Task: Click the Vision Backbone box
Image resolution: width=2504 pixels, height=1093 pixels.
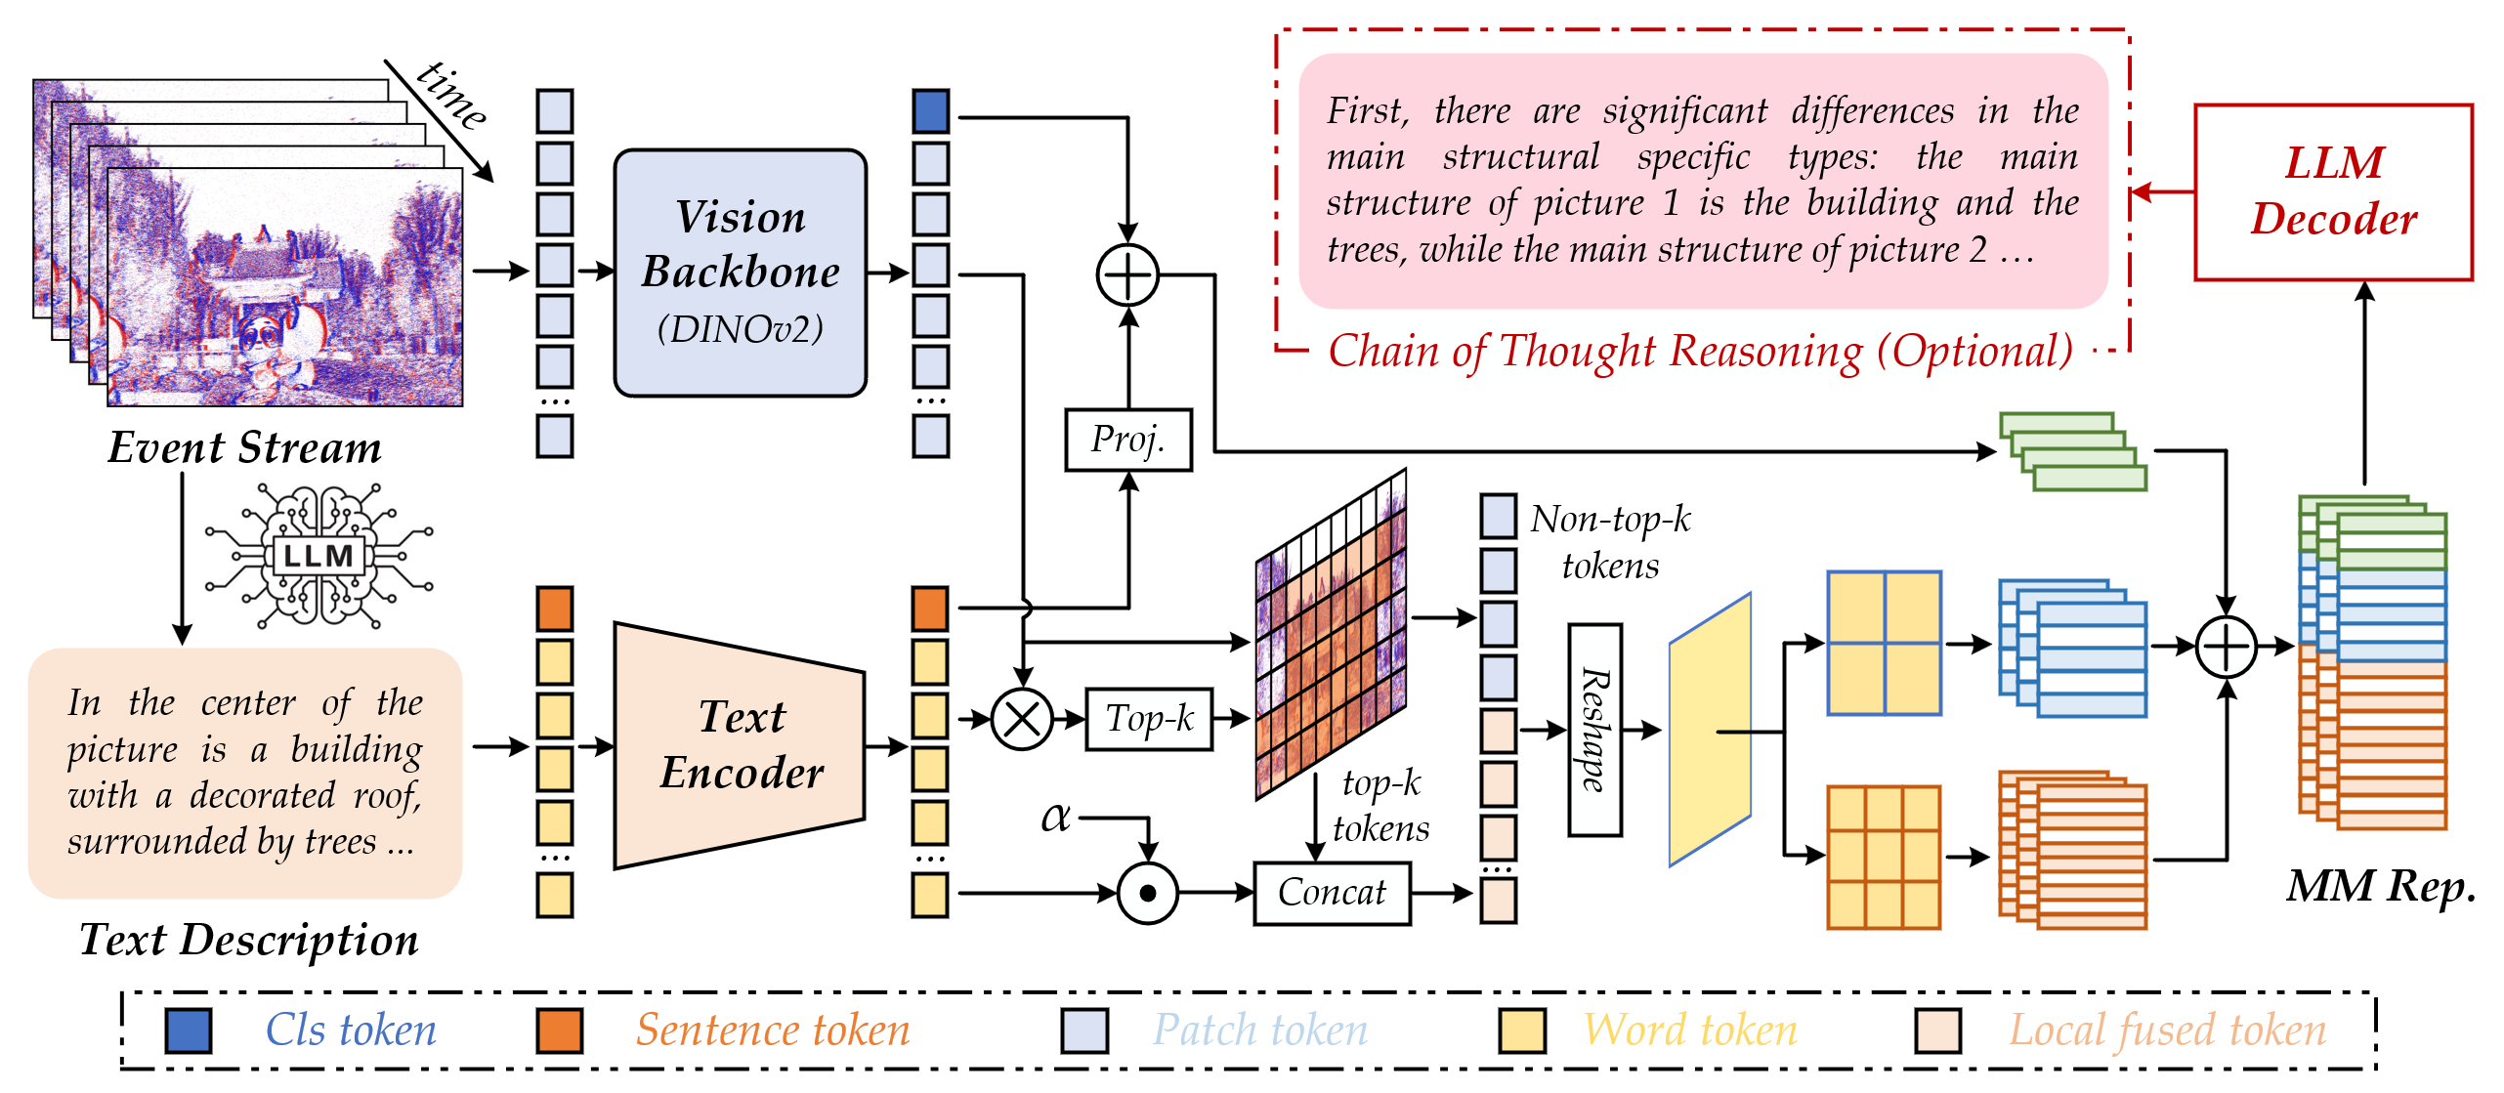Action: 741,273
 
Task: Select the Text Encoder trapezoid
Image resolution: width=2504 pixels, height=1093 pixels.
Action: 740,745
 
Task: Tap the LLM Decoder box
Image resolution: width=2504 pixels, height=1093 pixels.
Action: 2334,191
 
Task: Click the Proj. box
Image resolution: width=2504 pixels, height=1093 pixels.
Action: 1128,440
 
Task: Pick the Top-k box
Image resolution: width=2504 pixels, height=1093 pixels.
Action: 1149,719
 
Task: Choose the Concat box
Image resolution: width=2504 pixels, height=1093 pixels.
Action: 1332,893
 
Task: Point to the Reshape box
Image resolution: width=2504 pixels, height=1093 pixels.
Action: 1595,730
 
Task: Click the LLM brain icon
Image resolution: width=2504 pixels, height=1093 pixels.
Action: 318,556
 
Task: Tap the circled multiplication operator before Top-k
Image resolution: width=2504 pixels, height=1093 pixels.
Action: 1022,719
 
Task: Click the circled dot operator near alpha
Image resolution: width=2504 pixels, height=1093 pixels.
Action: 1148,893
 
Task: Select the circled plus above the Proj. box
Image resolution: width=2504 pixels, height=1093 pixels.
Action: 1128,275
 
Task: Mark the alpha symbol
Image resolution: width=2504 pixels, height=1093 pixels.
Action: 1055,817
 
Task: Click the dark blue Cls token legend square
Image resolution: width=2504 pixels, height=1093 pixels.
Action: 189,1030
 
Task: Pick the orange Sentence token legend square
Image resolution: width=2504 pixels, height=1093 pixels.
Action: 560,1030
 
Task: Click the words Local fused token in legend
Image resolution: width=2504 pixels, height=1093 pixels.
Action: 2167,1030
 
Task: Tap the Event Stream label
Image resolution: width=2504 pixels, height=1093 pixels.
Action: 244,447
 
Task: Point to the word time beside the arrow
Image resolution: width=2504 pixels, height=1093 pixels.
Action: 451,95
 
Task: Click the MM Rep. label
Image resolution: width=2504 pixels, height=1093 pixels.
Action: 2381,887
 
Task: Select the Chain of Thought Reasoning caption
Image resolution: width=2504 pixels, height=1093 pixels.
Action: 1700,352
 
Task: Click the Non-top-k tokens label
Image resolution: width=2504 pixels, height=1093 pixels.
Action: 1610,542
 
